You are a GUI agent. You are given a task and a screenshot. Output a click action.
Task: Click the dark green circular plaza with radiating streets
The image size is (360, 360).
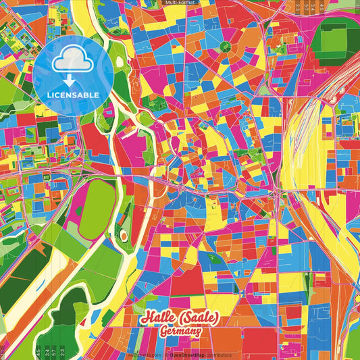pyautogui.click(x=225, y=47)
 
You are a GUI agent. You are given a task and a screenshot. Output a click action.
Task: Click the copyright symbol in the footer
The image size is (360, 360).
pyautogui.click(x=165, y=355)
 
